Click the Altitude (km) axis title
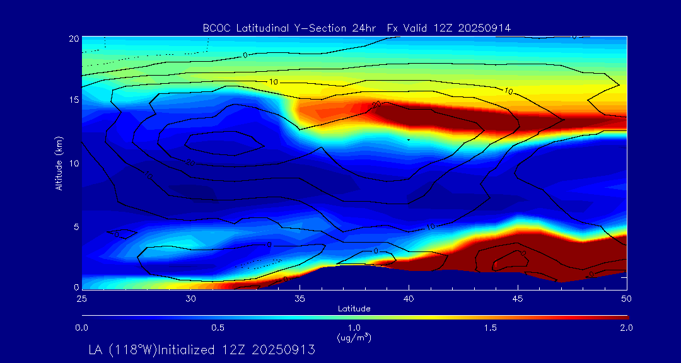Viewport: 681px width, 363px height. (x=59, y=163)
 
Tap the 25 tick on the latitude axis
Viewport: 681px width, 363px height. (x=81, y=297)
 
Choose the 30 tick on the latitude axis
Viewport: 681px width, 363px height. (x=190, y=297)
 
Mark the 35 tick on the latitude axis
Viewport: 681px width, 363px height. (x=300, y=297)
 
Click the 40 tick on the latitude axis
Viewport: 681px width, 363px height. (x=409, y=297)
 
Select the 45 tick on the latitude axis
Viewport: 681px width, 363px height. (x=518, y=297)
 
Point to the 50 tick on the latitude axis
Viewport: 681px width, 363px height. (x=626, y=297)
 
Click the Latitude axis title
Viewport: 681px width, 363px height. (x=354, y=308)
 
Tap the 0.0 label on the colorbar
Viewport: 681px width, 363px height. (x=81, y=328)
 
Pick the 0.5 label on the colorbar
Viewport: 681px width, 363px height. (x=218, y=328)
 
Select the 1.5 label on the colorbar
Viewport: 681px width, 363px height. (x=490, y=328)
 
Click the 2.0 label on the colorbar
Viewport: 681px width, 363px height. (x=626, y=328)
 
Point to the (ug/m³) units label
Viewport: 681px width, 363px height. (x=354, y=338)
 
